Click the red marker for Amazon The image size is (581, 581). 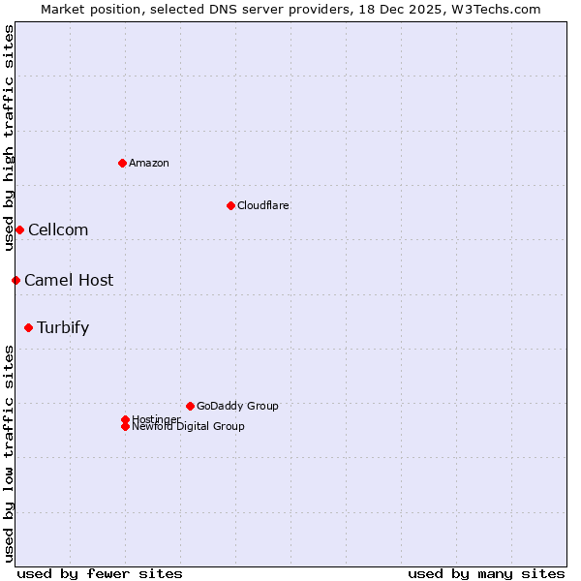coord(122,163)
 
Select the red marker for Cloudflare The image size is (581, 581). coord(230,205)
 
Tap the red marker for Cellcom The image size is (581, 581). coord(19,229)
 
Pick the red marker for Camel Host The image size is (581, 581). coord(15,280)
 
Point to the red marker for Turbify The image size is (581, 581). coord(28,327)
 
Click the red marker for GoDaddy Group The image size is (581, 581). coord(190,406)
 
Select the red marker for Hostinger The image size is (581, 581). coord(125,419)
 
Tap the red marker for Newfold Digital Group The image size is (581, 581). coord(125,426)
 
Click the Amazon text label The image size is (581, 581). coord(149,163)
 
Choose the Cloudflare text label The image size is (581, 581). coord(263,205)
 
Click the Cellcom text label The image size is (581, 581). coord(58,229)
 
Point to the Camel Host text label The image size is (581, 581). coord(69,280)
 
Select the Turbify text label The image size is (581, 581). coord(63,327)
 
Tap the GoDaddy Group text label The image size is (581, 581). coord(237,406)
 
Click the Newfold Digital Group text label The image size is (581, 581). coord(189,427)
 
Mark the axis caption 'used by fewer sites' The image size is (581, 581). coord(100,573)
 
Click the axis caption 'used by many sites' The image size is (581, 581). coord(486,573)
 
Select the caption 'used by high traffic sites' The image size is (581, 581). coord(9,138)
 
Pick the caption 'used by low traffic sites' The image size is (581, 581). coord(9,453)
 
